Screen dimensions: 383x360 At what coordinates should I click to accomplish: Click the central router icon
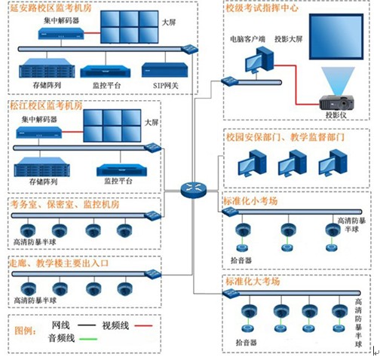pyautogui.click(x=193, y=190)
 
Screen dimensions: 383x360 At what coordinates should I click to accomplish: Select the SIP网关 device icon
pyautogui.click(x=164, y=70)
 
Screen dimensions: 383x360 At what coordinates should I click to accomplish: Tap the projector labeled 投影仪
pyautogui.click(x=337, y=102)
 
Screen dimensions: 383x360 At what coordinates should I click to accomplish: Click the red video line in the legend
pyautogui.click(x=143, y=326)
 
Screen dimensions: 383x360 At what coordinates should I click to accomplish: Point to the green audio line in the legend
pyautogui.click(x=88, y=339)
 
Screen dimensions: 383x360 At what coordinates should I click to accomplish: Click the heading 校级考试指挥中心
pyautogui.click(x=262, y=8)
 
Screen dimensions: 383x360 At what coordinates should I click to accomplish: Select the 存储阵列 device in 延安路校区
pyautogui.click(x=47, y=69)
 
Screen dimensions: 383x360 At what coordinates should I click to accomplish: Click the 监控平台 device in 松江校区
pyautogui.click(x=122, y=170)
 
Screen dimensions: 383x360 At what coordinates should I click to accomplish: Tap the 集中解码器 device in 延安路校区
pyautogui.click(x=61, y=33)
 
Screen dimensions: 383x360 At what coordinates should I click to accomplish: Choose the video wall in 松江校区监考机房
pyautogui.click(x=112, y=126)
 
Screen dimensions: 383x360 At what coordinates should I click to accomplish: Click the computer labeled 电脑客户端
pyautogui.click(x=259, y=60)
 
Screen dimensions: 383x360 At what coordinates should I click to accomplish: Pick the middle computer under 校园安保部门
pyautogui.click(x=293, y=163)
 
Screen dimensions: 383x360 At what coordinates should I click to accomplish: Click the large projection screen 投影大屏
pyautogui.click(x=336, y=37)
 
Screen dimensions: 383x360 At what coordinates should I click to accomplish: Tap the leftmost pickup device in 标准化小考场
pyautogui.click(x=242, y=248)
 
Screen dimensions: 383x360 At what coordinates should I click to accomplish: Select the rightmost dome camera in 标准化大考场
pyautogui.click(x=340, y=311)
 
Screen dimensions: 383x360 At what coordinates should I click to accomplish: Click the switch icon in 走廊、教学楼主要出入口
pyautogui.click(x=153, y=274)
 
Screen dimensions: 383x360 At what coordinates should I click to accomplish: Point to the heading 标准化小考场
pyautogui.click(x=251, y=201)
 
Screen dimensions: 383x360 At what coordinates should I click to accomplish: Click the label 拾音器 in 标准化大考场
pyautogui.click(x=246, y=343)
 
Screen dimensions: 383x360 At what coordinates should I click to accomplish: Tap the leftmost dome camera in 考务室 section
pyautogui.click(x=28, y=230)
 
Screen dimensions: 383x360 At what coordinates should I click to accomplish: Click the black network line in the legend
pyautogui.click(x=87, y=325)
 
